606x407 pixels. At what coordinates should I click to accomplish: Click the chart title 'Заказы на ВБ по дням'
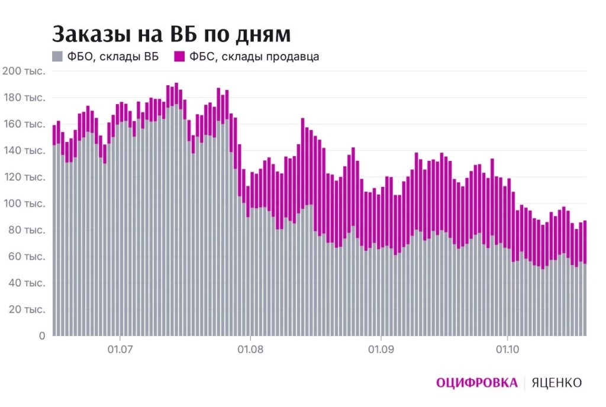click(x=171, y=34)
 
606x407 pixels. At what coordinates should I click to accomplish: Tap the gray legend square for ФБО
click(x=57, y=56)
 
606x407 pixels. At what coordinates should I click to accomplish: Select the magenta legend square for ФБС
click(x=179, y=56)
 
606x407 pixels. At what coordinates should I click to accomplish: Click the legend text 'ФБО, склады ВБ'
click(x=113, y=57)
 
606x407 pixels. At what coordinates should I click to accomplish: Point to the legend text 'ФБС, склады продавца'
click(x=254, y=57)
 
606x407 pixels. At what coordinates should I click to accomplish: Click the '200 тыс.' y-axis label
click(x=24, y=71)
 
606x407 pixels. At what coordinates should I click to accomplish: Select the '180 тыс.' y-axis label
click(x=24, y=97)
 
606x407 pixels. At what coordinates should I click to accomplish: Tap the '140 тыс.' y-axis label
click(x=24, y=150)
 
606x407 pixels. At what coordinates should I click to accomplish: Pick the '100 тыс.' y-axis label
click(x=24, y=203)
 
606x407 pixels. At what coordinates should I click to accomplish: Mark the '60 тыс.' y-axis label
click(x=27, y=256)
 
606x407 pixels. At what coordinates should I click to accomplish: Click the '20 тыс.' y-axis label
click(x=27, y=309)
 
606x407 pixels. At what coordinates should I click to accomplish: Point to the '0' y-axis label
click(x=42, y=335)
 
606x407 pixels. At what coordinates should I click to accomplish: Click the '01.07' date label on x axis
click(x=120, y=350)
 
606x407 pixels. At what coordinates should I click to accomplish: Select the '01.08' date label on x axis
click(x=250, y=350)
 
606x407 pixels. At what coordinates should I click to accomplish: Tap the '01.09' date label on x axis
click(x=381, y=350)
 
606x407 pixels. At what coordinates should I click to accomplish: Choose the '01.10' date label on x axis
click(x=507, y=350)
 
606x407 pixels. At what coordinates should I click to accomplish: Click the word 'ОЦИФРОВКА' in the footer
click(x=477, y=383)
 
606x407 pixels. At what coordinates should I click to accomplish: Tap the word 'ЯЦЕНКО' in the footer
click(x=556, y=383)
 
